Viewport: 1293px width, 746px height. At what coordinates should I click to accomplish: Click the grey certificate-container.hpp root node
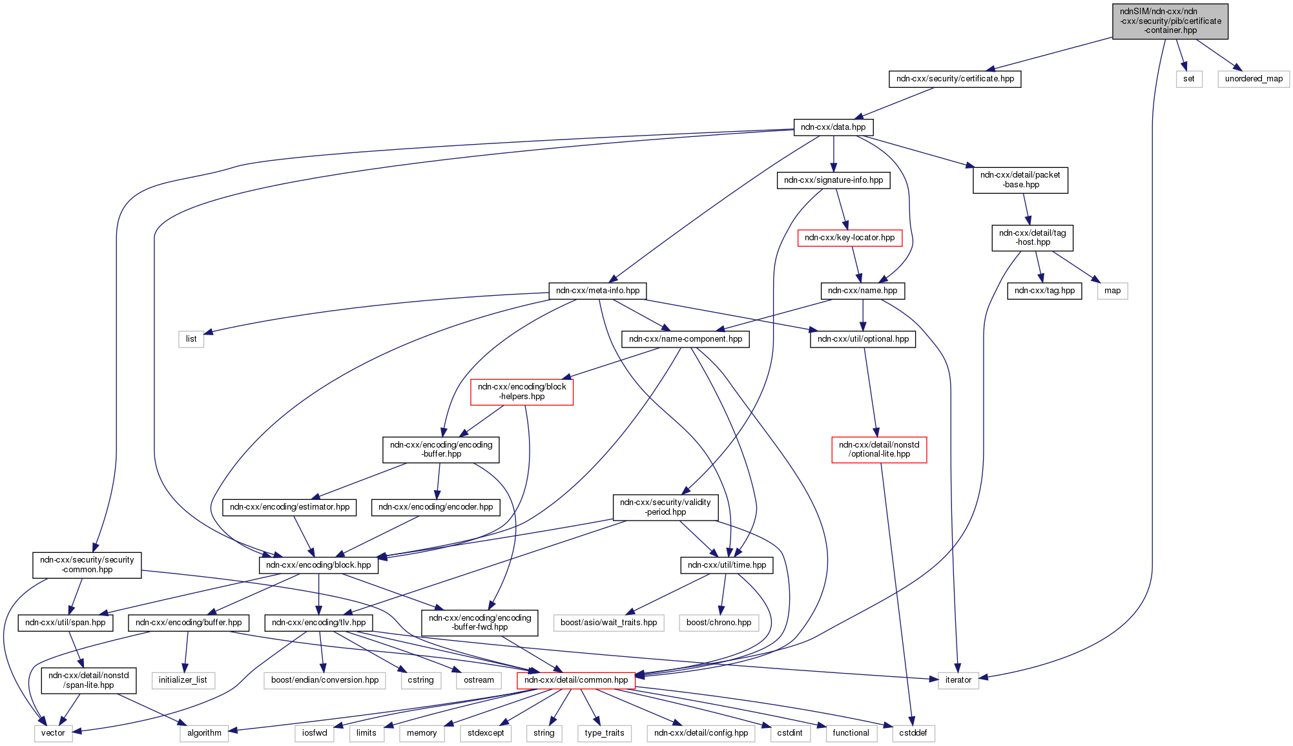point(1170,21)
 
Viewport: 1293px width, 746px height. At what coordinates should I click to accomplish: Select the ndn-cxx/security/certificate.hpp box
point(955,79)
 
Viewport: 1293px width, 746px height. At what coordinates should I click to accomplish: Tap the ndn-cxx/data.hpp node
point(833,127)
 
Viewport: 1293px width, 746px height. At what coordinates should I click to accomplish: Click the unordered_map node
point(1253,79)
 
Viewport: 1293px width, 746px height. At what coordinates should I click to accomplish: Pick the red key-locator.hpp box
point(849,238)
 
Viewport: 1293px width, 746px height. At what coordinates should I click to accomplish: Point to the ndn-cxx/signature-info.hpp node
point(833,180)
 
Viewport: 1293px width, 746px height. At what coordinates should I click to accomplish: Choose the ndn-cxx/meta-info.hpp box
point(597,291)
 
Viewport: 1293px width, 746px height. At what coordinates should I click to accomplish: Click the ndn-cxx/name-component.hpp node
point(685,339)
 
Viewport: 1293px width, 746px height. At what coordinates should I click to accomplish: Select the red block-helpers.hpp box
point(522,391)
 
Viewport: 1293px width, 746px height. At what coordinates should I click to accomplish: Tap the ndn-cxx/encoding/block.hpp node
point(318,565)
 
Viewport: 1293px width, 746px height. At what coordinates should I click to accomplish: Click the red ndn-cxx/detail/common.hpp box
point(576,680)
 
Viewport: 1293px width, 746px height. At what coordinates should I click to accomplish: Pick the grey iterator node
point(958,680)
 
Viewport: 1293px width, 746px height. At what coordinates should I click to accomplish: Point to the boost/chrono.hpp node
point(719,623)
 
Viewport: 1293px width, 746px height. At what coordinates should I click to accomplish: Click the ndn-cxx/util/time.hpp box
point(727,565)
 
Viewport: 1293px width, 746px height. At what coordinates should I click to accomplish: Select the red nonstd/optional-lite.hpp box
point(879,450)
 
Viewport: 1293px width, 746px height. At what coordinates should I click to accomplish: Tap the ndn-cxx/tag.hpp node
point(1044,291)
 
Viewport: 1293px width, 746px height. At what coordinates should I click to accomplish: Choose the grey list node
point(191,339)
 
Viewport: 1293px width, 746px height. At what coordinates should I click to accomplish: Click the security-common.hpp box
point(87,565)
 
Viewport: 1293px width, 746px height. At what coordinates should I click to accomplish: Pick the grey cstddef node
point(913,733)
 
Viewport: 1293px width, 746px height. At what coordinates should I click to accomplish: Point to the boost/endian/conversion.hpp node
point(324,680)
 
